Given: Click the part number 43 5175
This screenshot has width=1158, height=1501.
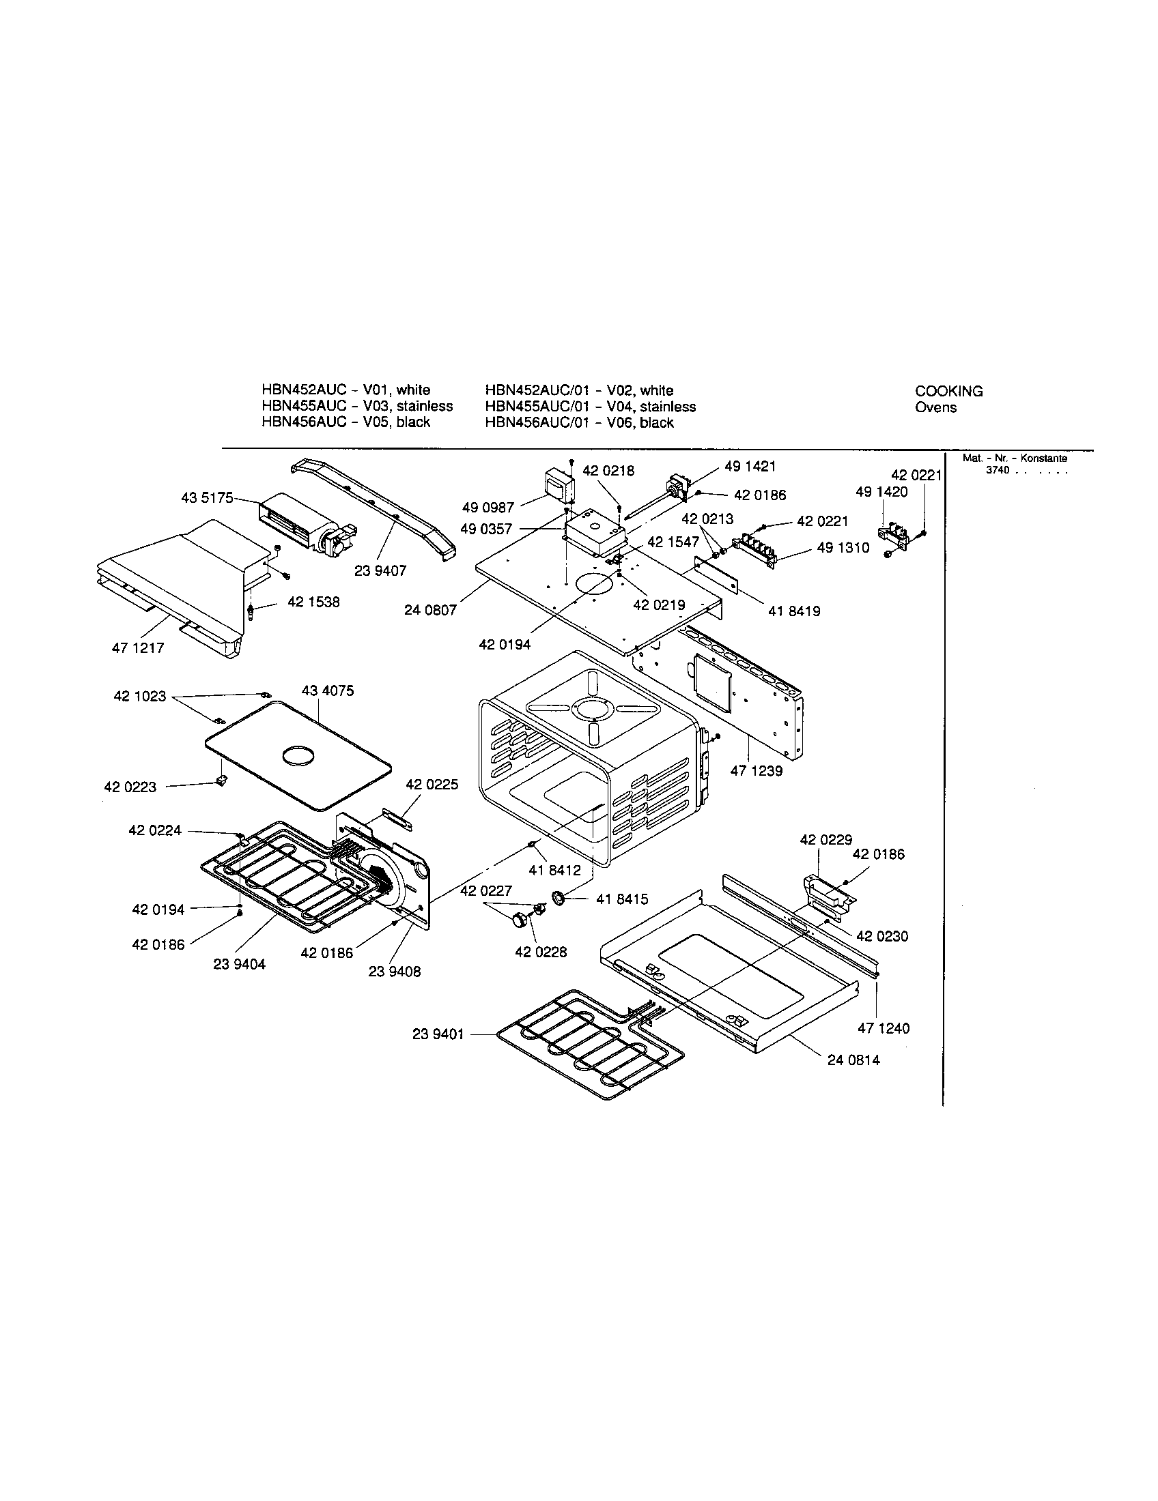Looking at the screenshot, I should (x=207, y=497).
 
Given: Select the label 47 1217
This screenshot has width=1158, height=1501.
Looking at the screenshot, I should (x=137, y=647).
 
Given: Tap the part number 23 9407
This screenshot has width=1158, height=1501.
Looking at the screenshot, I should (x=380, y=570).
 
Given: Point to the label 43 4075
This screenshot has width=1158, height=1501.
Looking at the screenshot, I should (x=327, y=690).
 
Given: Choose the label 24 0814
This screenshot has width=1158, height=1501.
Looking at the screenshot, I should (x=853, y=1060).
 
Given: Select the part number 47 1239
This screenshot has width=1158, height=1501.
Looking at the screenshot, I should (x=757, y=771).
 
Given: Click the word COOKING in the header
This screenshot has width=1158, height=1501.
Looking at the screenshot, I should (x=948, y=391).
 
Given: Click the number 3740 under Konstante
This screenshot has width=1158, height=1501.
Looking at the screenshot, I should (x=997, y=470).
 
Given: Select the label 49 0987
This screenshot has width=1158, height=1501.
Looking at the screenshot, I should (x=488, y=508).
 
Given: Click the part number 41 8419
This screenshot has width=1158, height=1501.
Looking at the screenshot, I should (x=794, y=611).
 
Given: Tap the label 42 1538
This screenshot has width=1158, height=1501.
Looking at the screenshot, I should (x=313, y=602).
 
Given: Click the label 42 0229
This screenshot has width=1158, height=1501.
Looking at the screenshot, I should (x=825, y=839).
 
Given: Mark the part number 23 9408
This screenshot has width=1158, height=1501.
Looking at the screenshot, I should (x=394, y=972).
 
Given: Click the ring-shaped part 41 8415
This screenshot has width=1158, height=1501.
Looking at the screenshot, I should (x=558, y=898).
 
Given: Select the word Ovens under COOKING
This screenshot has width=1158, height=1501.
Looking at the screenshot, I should (x=935, y=407).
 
